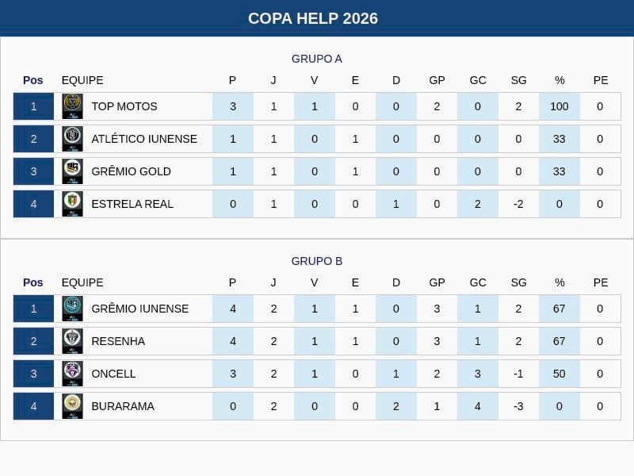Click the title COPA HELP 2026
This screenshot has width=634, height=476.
point(313,18)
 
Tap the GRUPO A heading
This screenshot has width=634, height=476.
point(316,59)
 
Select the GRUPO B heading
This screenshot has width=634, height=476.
point(316,261)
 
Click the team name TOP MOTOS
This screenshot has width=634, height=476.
point(124,106)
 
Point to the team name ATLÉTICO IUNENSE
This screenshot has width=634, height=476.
point(144,139)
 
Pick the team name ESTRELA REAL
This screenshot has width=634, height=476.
point(132,204)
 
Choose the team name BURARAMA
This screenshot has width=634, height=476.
point(123,406)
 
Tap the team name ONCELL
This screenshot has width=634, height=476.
point(113,374)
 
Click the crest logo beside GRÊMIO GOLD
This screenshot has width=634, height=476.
point(72,171)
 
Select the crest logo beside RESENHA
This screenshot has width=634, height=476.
point(72,341)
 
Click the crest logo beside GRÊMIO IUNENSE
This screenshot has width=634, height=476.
point(72,309)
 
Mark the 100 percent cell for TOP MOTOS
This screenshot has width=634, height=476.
point(560,106)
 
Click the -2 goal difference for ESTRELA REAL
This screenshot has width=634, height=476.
point(518,204)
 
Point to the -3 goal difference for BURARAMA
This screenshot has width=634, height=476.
point(518,406)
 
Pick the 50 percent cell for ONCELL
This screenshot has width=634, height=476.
point(560,374)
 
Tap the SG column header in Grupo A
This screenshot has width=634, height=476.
point(518,80)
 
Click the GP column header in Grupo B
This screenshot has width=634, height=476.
point(437,282)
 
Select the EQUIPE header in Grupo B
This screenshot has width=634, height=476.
point(82,282)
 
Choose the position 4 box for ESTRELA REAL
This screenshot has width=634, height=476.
point(33,204)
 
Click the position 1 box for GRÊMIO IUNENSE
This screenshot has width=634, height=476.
point(33,309)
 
